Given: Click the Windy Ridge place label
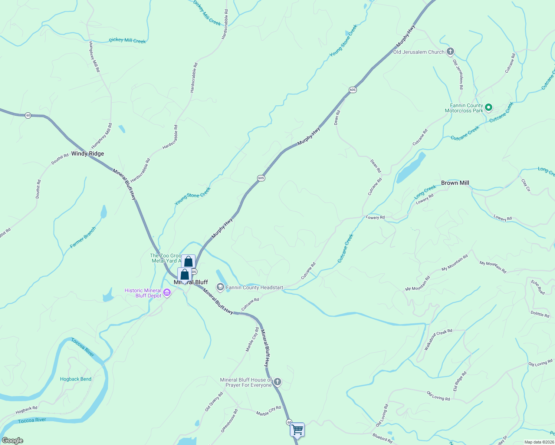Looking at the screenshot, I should (x=88, y=154).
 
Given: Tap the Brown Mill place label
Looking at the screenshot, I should (x=455, y=183).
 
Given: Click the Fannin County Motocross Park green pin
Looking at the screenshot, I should (x=489, y=108).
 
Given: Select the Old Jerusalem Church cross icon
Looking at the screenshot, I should (x=450, y=52).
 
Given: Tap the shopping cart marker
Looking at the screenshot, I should (x=297, y=429).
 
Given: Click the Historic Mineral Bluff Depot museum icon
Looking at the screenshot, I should (x=167, y=293).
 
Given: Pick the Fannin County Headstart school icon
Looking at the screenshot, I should (x=220, y=287).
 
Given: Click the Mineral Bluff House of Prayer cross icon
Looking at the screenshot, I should (x=277, y=382).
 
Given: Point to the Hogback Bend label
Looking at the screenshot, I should (x=76, y=379).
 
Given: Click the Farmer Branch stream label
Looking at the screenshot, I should (x=83, y=237).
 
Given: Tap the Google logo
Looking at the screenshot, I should (x=13, y=441).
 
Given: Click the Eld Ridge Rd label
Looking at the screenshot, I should (x=460, y=381).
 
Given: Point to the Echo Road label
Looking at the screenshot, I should (x=538, y=287).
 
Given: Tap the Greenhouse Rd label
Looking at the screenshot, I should (x=229, y=421).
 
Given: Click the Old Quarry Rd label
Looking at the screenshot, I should (x=214, y=402).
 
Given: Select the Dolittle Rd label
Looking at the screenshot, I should (x=540, y=314).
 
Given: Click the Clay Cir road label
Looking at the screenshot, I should (x=526, y=185).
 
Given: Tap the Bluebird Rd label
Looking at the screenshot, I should (x=382, y=438).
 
